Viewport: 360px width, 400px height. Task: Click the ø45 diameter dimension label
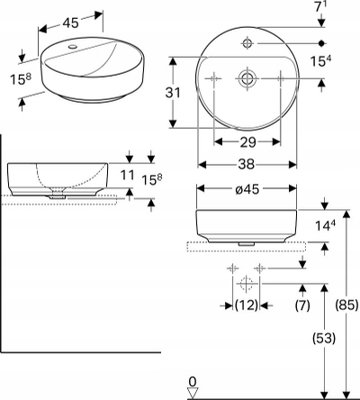pos(247,189)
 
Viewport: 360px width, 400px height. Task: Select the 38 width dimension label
pos(247,164)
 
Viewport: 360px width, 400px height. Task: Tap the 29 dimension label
pos(247,142)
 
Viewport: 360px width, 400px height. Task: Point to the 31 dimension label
pos(173,93)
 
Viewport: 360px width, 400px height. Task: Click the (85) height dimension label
pos(346,305)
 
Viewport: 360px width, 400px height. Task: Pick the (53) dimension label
pos(324,339)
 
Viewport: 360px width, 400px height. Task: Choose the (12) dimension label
pos(247,305)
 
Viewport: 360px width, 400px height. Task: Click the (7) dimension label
pos(302,305)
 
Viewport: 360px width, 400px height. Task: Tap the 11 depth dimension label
pos(127,175)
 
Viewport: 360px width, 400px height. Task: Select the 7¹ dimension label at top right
pos(321,6)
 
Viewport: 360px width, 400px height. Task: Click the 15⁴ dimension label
pos(321,61)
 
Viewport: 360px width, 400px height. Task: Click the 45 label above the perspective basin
pos(71,23)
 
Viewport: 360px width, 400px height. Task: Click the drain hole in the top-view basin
pos(247,78)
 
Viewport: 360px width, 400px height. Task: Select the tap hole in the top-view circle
pos(247,43)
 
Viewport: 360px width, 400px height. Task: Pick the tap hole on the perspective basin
pos(72,47)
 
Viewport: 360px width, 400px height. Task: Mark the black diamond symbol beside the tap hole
pos(321,43)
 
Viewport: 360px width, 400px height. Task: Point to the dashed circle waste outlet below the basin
pos(247,284)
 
